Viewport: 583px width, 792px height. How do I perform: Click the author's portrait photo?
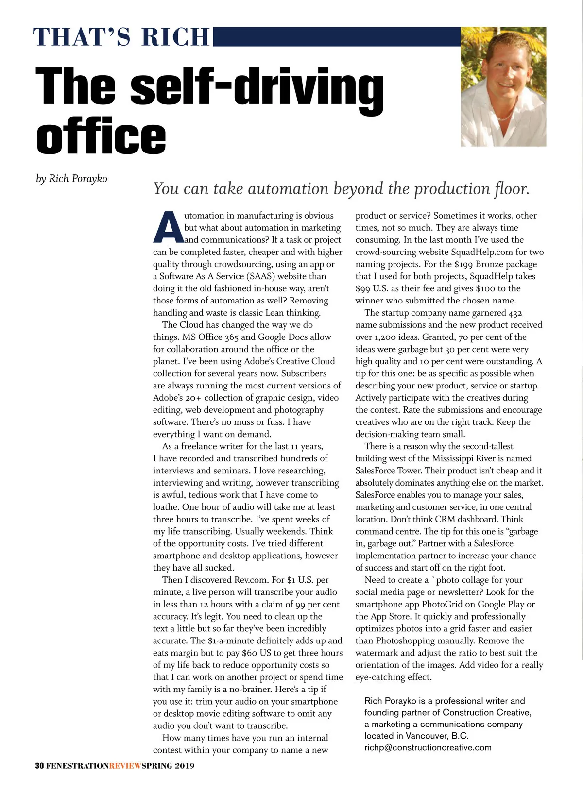tap(503, 86)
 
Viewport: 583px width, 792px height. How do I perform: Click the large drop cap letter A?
tap(168, 227)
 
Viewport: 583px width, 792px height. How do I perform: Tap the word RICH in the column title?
tap(175, 37)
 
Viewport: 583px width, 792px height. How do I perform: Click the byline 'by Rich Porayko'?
tap(71, 179)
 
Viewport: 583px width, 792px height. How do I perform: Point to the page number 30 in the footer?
tap(39, 766)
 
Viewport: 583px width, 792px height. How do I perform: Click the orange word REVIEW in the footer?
tap(125, 766)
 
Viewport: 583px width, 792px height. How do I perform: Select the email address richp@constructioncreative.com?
tap(428, 747)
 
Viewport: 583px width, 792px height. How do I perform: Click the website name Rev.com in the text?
tap(251, 580)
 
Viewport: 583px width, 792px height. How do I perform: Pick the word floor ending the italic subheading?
tap(511, 189)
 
